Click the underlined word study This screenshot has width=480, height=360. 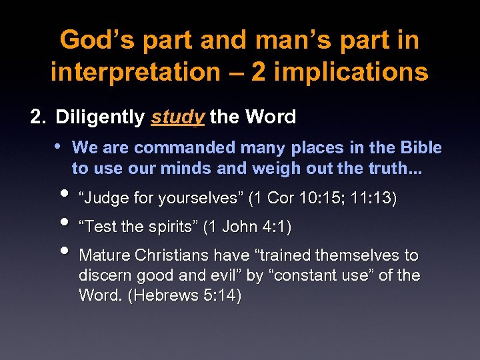[177, 118]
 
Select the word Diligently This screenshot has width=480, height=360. [100, 117]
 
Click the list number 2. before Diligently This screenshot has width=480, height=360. [39, 117]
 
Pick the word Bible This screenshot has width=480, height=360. [421, 147]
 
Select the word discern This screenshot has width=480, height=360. [103, 275]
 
